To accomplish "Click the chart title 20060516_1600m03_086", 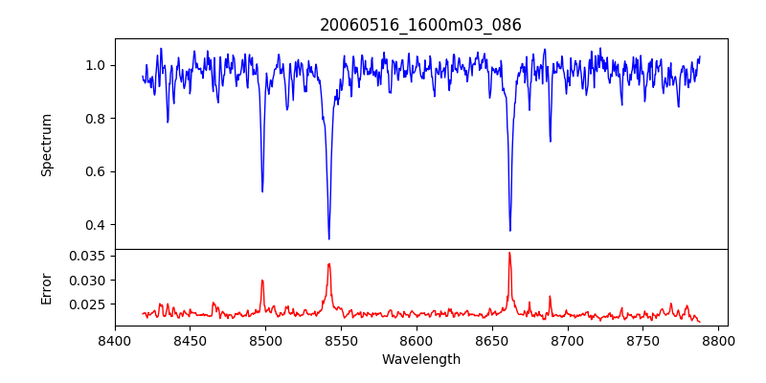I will [x=420, y=25].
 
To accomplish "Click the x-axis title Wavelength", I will [x=420, y=359].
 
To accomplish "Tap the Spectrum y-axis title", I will [x=47, y=145].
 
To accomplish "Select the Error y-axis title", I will [x=47, y=287].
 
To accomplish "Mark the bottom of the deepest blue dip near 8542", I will [x=328, y=238].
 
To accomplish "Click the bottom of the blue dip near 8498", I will [x=262, y=191].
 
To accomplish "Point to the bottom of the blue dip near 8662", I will [x=509, y=231].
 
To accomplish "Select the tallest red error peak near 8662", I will [x=509, y=253].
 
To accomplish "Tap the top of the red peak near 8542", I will [x=328, y=263].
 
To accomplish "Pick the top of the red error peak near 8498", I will [x=262, y=281].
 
